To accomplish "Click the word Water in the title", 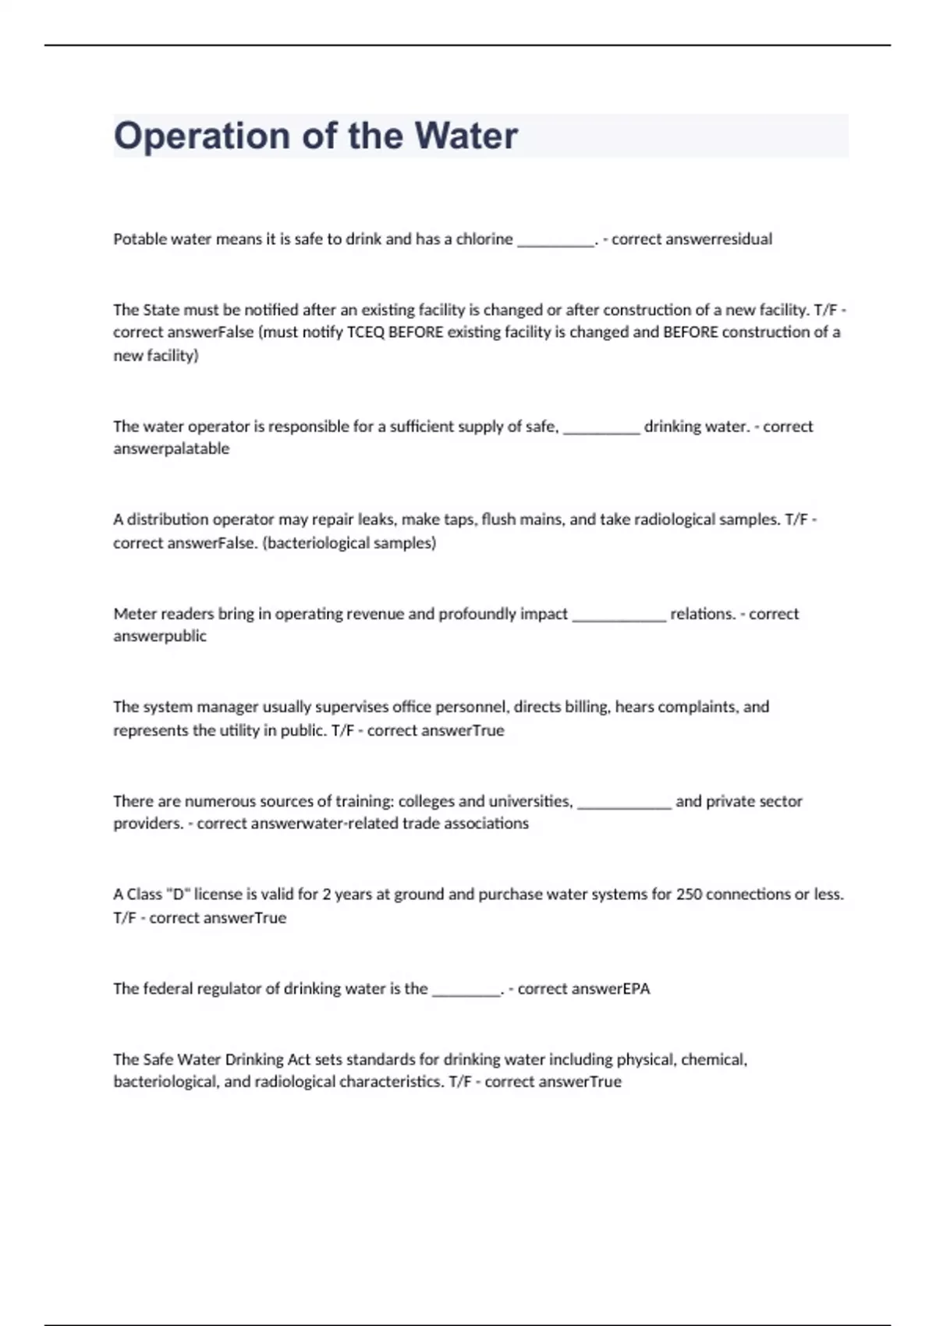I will coord(466,136).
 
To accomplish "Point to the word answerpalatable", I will coord(171,448).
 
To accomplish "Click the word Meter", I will coord(135,614).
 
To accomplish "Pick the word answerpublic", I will coord(160,636).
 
